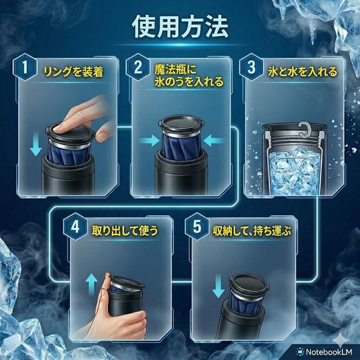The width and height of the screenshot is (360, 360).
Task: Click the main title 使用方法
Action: tap(181, 26)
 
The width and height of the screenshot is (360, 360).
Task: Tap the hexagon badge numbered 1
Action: tap(25, 67)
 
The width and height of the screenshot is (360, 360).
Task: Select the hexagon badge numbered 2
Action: tap(138, 67)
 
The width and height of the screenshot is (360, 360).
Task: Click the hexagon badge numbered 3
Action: tap(251, 67)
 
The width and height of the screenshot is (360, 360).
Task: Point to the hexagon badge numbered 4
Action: tap(75, 227)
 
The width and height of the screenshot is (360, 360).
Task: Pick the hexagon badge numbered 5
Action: tap(197, 227)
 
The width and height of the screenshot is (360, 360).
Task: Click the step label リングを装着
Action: tap(73, 71)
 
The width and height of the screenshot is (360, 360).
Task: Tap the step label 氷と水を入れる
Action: tap(302, 71)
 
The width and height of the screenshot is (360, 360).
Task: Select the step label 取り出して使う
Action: tap(125, 230)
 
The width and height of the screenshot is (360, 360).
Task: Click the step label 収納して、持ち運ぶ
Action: tap(252, 230)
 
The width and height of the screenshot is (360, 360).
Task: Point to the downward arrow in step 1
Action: tap(35, 146)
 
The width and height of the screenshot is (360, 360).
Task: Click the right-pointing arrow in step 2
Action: tap(149, 140)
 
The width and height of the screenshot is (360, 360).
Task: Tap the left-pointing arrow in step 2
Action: tap(214, 140)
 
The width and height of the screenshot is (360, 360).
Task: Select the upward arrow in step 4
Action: tap(91, 284)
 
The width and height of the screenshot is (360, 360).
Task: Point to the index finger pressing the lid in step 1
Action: tap(76, 119)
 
